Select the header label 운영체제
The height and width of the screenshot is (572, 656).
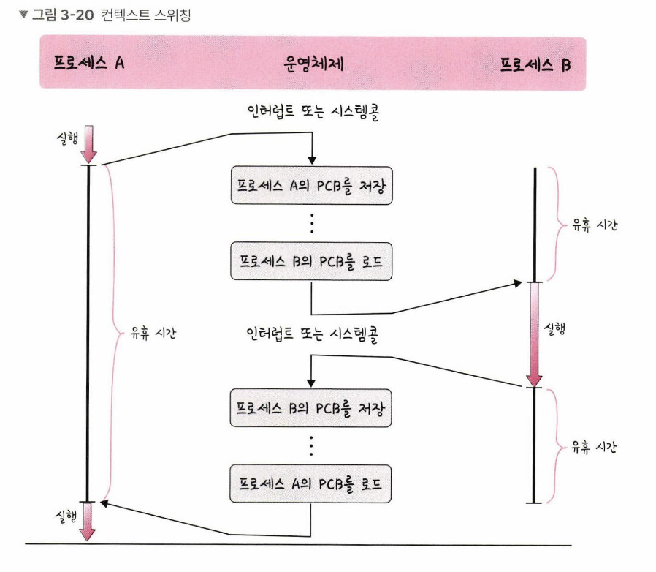(x=313, y=63)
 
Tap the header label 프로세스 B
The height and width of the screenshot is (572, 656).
(x=535, y=64)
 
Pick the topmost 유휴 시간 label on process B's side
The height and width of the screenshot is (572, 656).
(x=592, y=225)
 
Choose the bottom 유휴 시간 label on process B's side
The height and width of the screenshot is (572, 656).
(x=592, y=447)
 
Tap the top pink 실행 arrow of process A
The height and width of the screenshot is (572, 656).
(x=88, y=144)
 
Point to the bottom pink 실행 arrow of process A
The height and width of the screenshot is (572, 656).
(x=88, y=520)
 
